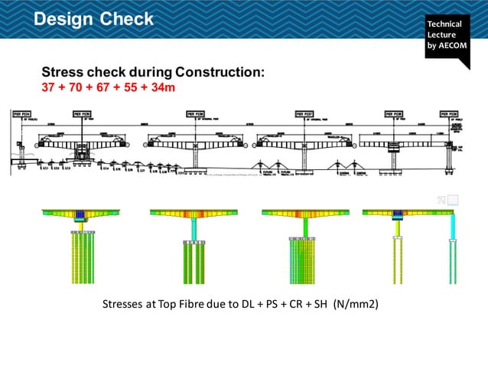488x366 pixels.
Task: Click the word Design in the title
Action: (64, 18)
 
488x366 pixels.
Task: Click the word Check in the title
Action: (127, 18)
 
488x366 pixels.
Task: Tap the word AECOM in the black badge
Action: (451, 52)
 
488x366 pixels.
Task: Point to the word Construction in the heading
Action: (220, 72)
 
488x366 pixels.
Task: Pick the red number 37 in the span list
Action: (49, 87)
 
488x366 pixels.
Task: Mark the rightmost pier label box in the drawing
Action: (449, 113)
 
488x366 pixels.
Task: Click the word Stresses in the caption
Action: (125, 304)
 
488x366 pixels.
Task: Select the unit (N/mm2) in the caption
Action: (356, 304)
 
